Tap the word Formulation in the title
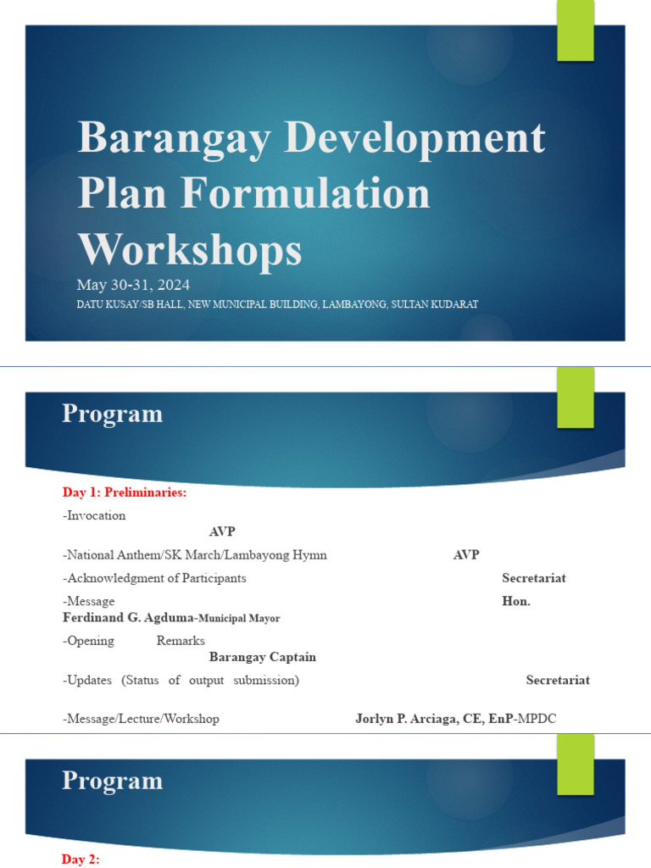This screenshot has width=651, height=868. (x=303, y=194)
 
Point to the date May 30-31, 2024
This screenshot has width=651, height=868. (x=133, y=284)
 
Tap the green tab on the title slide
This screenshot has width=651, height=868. (x=576, y=30)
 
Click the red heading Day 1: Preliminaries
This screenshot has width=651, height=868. (x=124, y=492)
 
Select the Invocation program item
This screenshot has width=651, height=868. (x=97, y=515)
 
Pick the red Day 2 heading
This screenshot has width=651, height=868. (x=81, y=860)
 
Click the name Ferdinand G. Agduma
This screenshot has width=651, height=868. (x=128, y=618)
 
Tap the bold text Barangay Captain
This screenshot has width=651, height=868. (x=262, y=657)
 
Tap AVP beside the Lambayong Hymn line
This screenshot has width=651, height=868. (x=465, y=555)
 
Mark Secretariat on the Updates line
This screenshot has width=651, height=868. (x=558, y=680)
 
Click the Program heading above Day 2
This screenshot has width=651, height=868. (x=112, y=781)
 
